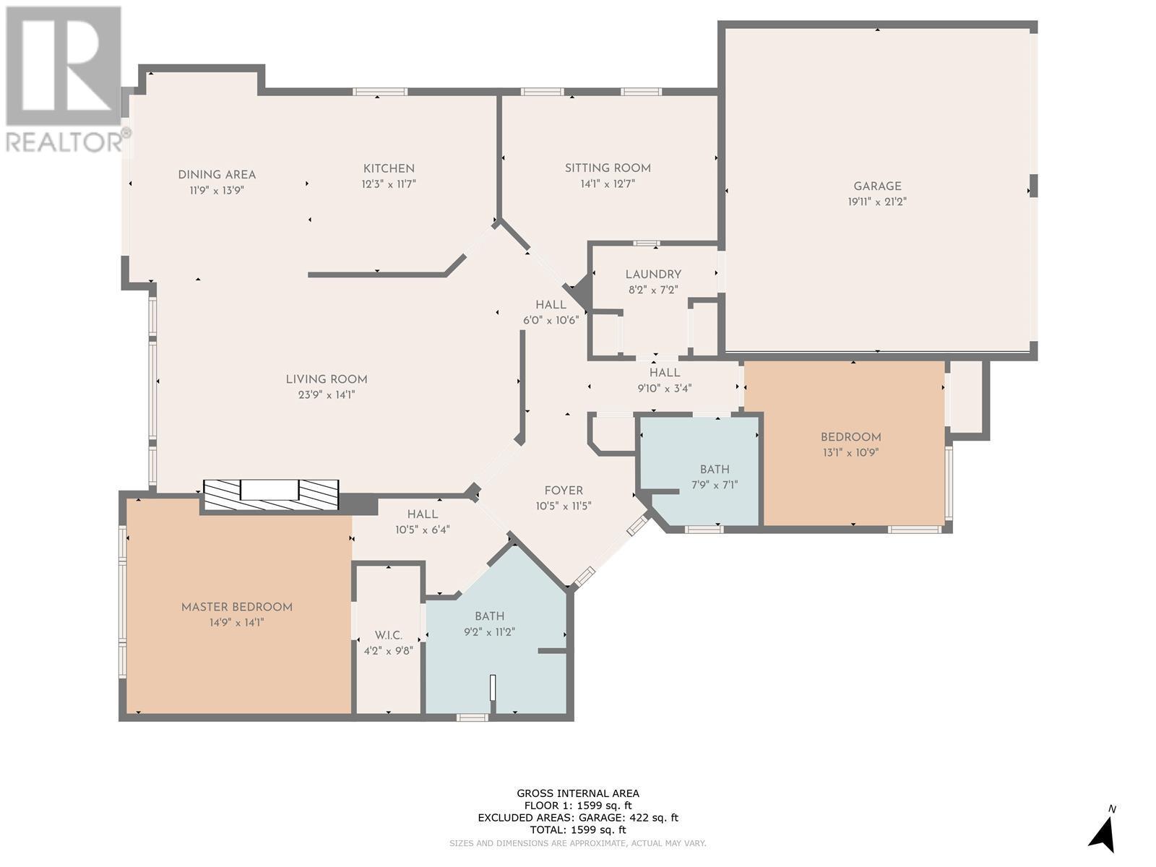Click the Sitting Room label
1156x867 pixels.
608,168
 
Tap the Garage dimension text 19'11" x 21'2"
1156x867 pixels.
877,202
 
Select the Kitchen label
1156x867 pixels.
389,168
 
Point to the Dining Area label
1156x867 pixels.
217,175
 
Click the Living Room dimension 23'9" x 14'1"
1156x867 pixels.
327,394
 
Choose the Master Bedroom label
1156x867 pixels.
237,607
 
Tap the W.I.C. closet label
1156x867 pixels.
389,635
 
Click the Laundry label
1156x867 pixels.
653,275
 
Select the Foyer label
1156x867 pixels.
564,491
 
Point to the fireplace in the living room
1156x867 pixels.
271,495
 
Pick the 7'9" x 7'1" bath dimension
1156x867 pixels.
715,485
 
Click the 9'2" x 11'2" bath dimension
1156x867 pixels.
489,631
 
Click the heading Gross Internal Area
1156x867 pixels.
578,793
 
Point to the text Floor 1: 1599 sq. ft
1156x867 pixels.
578,806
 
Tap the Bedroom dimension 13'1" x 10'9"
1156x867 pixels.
851,453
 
